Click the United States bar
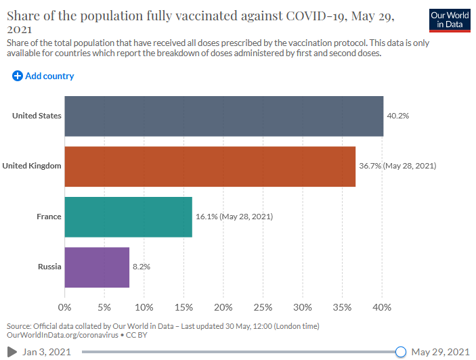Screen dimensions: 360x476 pos(223,116)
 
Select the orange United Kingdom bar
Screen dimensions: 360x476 pos(210,166)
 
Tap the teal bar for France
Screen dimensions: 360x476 pos(128,217)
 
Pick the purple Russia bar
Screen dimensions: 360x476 pos(97,267)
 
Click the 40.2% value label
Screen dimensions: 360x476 pos(397,116)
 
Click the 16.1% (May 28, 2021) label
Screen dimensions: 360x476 pos(234,217)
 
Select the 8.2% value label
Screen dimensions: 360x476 pos(141,267)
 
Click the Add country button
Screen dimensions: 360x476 pos(43,76)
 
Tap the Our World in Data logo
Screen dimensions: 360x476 pos(449,20)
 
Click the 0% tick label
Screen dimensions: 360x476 pos(65,307)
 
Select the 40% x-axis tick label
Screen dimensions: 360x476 pos(383,307)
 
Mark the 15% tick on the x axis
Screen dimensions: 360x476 pos(183,307)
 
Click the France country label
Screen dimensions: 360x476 pos(49,217)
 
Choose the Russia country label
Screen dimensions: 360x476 pos(49,267)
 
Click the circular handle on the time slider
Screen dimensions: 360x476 pos(400,352)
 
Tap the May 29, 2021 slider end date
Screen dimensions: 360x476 pos(439,352)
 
